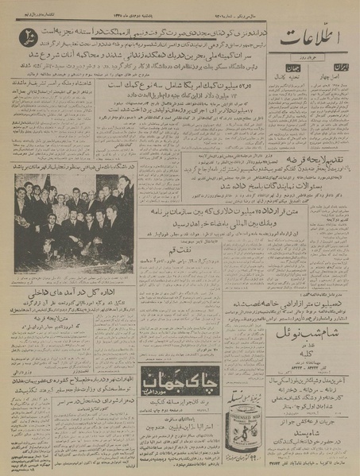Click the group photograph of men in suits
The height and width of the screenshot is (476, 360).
(73, 222)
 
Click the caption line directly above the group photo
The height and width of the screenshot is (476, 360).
(73, 168)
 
